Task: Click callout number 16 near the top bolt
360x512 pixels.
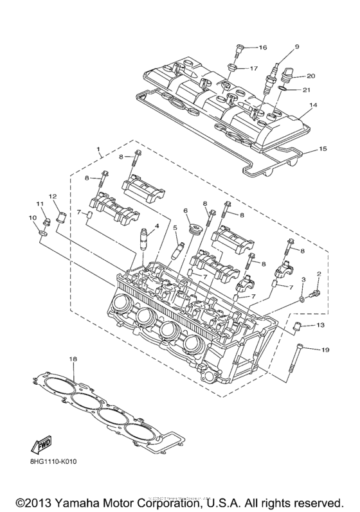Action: (x=262, y=48)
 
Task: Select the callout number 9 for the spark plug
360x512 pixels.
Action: (x=297, y=46)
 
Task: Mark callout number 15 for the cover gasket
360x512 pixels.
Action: (x=323, y=149)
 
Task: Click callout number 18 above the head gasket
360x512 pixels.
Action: (x=73, y=358)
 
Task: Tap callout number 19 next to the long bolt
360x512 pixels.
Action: (x=325, y=349)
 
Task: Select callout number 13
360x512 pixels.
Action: (x=321, y=326)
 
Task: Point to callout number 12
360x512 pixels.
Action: (x=53, y=195)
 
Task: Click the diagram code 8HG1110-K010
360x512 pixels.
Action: (x=51, y=460)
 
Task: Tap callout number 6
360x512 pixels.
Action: (x=184, y=211)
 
